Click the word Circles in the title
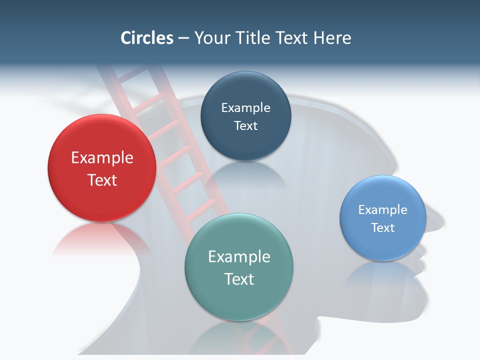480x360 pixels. pos(146,38)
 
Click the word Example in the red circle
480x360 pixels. pos(102,158)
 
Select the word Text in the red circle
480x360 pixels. pos(102,180)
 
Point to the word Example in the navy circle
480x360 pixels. pos(245,108)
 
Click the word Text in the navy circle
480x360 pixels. pos(245,125)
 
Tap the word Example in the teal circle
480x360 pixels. pos(239,257)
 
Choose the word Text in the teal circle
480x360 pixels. pos(239,279)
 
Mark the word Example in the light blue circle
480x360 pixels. pos(383,210)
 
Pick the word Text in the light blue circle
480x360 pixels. pos(383,227)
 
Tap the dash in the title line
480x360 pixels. pos(183,38)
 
